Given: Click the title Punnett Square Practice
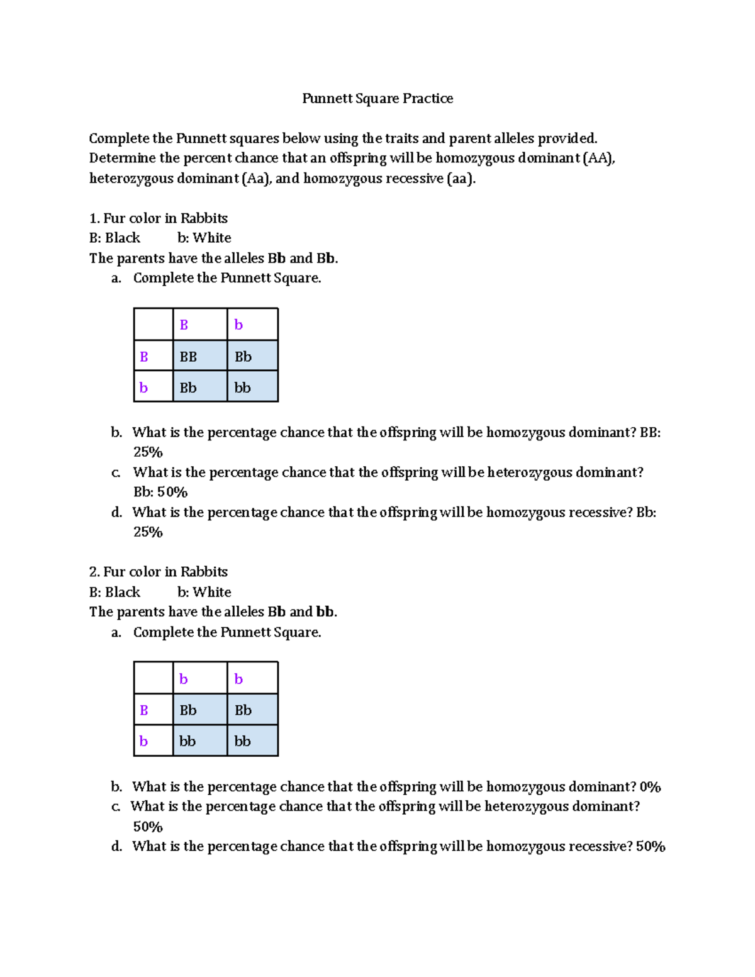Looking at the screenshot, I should [377, 99].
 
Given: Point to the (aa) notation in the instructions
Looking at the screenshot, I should [461, 179].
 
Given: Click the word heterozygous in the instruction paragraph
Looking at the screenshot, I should [131, 179].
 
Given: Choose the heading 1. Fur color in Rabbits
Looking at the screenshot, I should [159, 218].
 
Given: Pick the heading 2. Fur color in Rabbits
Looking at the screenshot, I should [159, 572].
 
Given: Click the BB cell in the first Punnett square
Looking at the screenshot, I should [188, 357].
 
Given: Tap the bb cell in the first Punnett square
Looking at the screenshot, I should [242, 388].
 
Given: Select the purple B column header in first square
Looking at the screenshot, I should [184, 325].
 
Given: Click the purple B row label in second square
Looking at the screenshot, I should [144, 710].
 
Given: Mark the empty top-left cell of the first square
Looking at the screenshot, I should [154, 325].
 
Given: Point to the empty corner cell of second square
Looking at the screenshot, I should [154, 678].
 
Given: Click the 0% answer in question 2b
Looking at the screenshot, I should [650, 787].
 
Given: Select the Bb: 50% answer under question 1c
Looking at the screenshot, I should [160, 492].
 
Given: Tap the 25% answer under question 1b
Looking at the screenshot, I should [148, 452].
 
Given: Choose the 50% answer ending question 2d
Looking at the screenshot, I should [651, 847].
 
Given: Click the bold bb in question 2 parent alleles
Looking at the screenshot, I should [325, 612].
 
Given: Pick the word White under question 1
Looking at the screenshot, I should [212, 238].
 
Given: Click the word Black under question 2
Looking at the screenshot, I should [123, 593].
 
